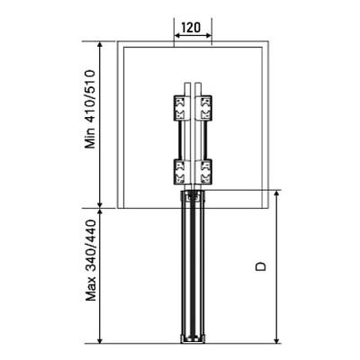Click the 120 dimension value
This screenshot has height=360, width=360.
191,28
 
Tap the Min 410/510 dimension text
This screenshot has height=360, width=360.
90,109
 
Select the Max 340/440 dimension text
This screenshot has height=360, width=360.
91,260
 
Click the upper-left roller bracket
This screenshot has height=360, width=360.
181,108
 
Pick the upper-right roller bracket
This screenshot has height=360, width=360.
204,108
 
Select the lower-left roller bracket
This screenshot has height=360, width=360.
181,171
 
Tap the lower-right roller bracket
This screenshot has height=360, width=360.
204,171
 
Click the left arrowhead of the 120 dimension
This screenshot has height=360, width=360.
177,36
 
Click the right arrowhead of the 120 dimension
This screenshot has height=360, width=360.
209,36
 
